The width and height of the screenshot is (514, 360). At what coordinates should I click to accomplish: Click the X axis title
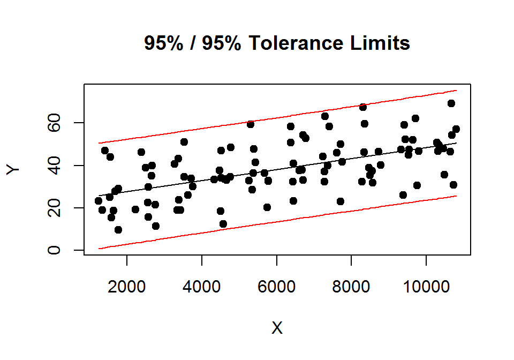click(x=277, y=328)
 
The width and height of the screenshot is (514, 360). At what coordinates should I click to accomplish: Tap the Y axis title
click(x=14, y=169)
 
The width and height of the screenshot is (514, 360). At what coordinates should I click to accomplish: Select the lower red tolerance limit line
click(x=278, y=222)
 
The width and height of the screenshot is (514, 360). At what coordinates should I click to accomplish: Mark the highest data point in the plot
click(x=451, y=103)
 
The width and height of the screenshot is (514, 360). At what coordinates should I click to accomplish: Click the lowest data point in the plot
click(x=118, y=230)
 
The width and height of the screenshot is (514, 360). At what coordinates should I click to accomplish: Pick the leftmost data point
click(x=99, y=201)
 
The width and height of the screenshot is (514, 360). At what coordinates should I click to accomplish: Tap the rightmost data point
click(x=456, y=129)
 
